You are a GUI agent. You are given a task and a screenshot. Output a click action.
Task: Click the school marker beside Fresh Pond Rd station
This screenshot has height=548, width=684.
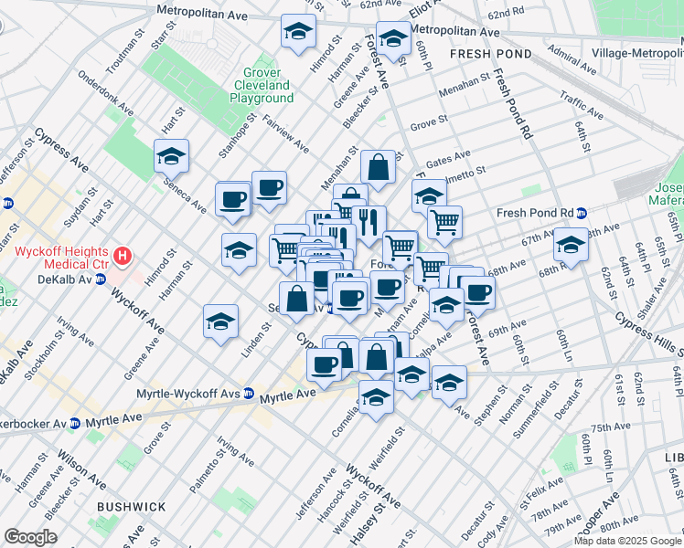click(571, 244)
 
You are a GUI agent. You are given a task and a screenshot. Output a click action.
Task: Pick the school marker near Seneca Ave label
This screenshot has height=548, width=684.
click(171, 156)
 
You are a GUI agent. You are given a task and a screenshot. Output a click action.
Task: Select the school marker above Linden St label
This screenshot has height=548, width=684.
click(221, 321)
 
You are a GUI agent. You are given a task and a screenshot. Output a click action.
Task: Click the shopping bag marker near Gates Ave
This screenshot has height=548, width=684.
click(378, 167)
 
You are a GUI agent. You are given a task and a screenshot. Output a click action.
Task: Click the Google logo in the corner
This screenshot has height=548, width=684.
click(31, 537)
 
